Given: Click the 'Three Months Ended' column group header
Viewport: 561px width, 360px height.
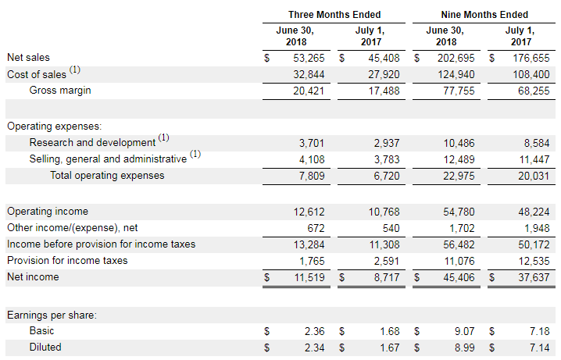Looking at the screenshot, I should pyautogui.click(x=334, y=14).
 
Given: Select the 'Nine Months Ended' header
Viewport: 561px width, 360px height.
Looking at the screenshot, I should pyautogui.click(x=485, y=14).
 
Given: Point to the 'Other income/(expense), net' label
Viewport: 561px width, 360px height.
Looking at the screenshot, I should pyautogui.click(x=72, y=228).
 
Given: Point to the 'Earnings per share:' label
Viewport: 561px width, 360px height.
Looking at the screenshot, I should pyautogui.click(x=52, y=315).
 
